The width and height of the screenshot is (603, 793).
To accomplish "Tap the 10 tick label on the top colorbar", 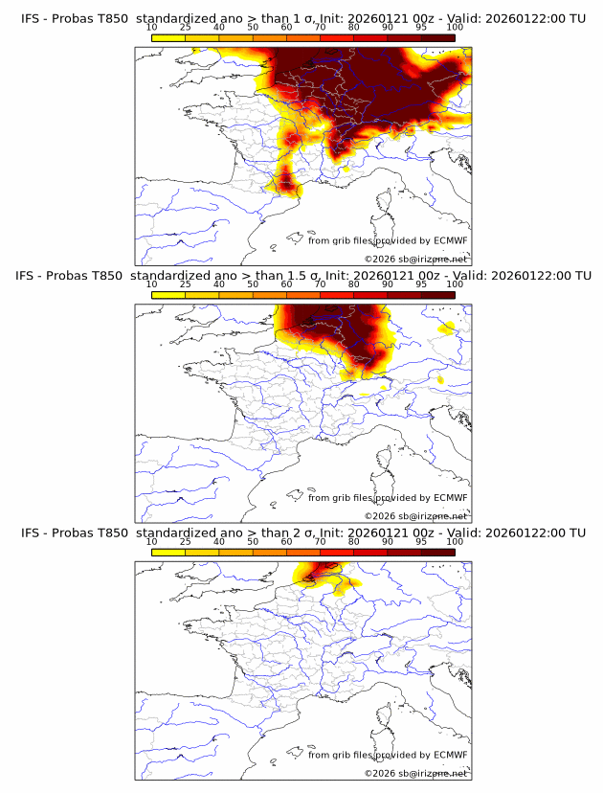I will [152, 28].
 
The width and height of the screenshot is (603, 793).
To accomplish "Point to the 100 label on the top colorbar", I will [455, 28].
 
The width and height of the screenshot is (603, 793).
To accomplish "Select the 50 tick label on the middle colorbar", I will [253, 284].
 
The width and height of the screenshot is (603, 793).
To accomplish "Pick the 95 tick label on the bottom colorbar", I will [421, 542].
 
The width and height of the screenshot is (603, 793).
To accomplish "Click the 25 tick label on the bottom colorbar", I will [186, 542].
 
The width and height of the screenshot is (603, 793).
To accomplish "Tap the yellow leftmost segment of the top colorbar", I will [168, 38].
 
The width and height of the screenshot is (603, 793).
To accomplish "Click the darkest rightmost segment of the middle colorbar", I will [437, 295].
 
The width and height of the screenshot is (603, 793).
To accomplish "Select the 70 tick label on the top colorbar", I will [320, 28].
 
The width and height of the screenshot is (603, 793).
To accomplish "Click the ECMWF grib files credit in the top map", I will [387, 240].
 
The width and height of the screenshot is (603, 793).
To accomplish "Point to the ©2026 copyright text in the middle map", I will [415, 515].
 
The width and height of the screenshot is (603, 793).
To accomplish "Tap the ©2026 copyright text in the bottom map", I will [415, 773].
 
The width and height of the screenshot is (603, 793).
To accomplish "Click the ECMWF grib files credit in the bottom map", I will [387, 755].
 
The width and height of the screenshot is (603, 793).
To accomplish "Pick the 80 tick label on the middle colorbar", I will [354, 284].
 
